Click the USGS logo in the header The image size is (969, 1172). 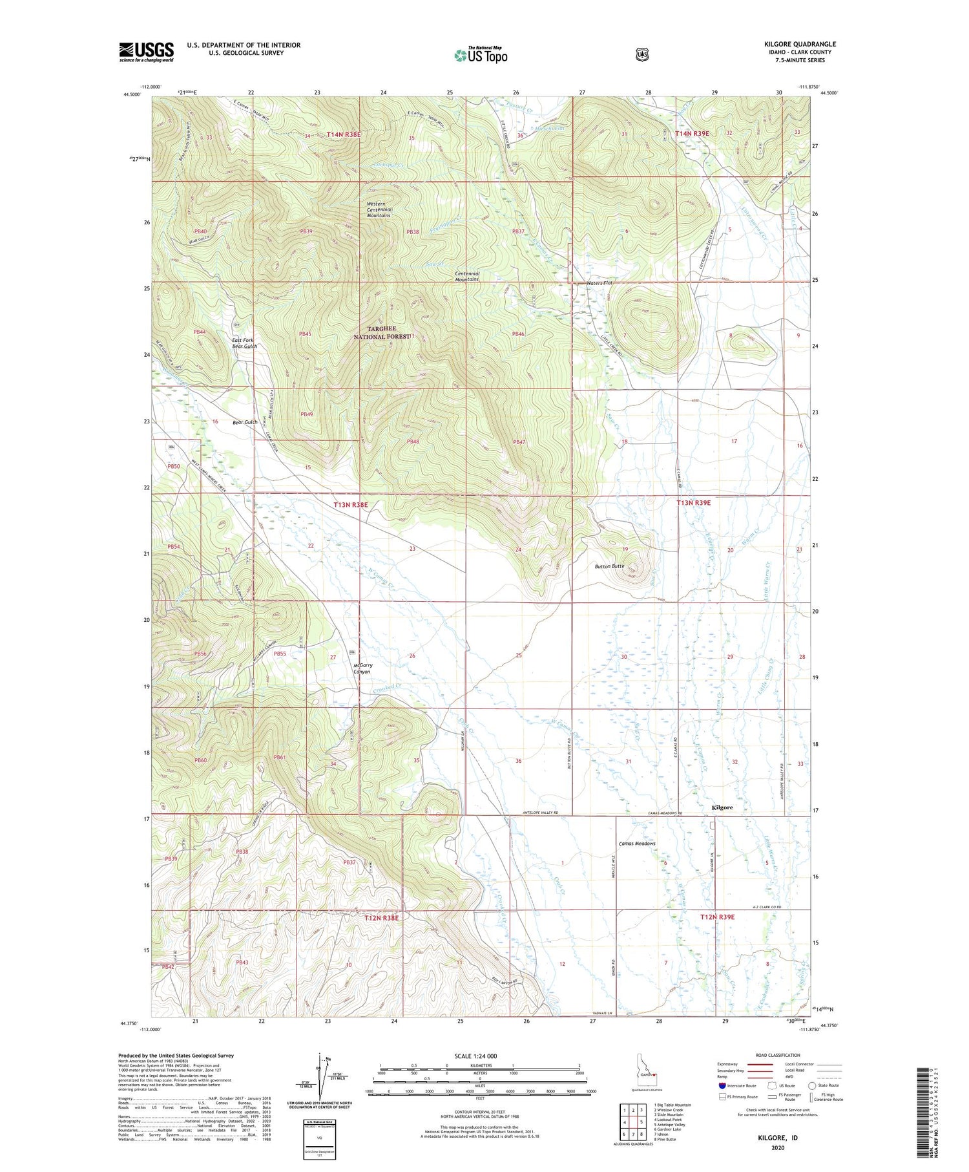[x=146, y=52]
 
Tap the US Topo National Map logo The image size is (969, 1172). [x=481, y=55]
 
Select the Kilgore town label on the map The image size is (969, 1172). [x=722, y=807]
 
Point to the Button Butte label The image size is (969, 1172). [x=609, y=566]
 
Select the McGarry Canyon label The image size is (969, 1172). [x=362, y=668]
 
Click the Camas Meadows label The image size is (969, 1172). [x=637, y=844]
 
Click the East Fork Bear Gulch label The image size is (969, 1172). [x=245, y=343]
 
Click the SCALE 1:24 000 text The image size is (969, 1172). [x=475, y=1056]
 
